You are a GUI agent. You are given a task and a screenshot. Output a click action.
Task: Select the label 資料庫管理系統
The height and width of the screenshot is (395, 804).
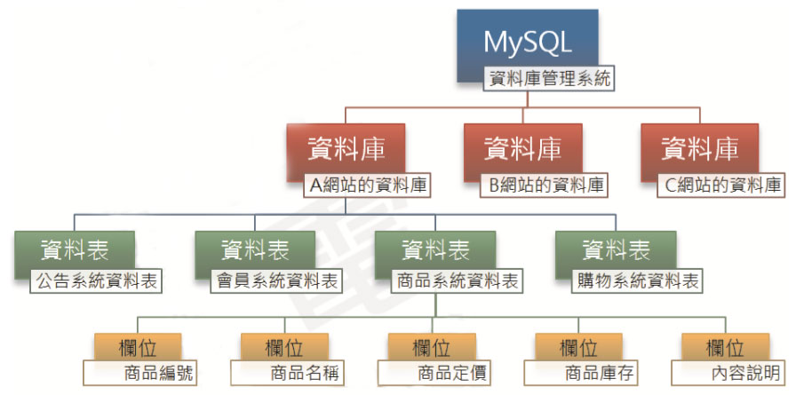coord(550,79)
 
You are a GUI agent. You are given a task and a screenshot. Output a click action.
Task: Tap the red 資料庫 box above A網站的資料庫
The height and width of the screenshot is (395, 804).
coord(346,149)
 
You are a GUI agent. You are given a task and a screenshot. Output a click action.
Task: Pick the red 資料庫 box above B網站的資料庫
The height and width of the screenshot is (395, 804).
coord(522,149)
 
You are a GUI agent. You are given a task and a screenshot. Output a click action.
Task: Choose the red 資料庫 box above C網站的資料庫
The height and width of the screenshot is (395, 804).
coord(699,149)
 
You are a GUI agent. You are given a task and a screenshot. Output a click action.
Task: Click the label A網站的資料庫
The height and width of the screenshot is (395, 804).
coord(367,186)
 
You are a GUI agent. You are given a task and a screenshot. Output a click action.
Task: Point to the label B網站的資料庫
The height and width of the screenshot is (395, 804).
coord(544,186)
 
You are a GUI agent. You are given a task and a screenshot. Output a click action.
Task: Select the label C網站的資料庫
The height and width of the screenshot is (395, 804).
coord(721,186)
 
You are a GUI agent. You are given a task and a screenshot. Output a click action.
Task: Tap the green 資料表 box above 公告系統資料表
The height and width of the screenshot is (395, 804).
coord(74,249)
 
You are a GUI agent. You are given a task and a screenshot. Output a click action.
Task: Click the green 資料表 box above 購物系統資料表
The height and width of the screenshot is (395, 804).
coord(616,249)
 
